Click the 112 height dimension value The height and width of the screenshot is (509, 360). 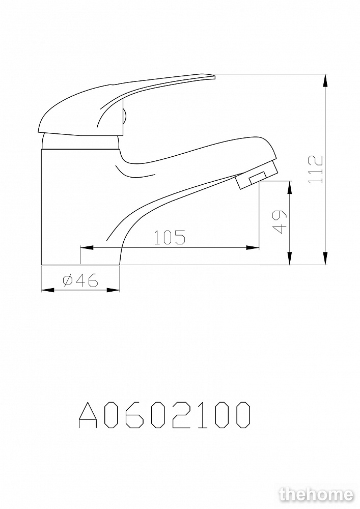(x=316, y=169)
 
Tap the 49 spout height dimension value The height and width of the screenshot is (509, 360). (x=280, y=222)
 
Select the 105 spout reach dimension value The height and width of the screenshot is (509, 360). (x=170, y=237)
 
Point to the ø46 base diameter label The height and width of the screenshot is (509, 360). (x=80, y=280)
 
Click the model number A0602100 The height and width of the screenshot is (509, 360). (x=164, y=415)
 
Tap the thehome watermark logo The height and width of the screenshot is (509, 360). (x=316, y=494)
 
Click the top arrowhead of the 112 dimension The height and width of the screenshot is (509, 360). (x=325, y=80)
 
